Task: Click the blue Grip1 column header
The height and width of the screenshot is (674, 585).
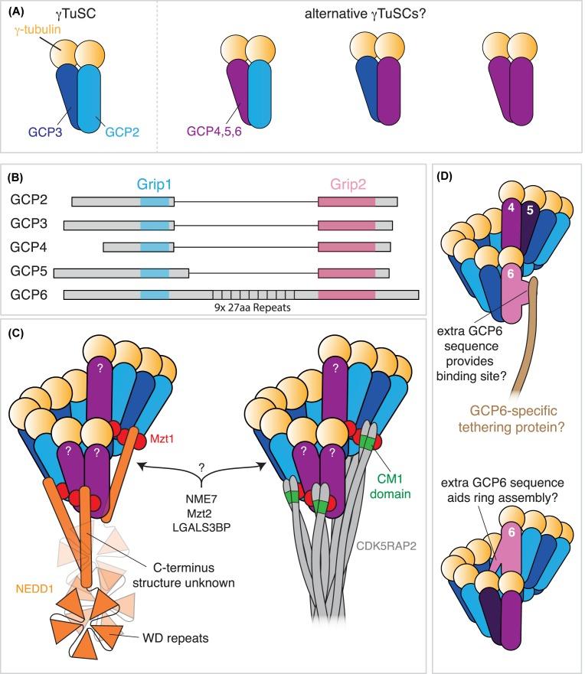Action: pos(155,184)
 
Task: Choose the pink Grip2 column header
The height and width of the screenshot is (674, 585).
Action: pos(346,184)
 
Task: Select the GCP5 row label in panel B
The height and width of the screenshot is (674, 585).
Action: pos(28,272)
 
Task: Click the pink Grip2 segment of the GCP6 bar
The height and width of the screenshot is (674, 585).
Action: pos(346,295)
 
